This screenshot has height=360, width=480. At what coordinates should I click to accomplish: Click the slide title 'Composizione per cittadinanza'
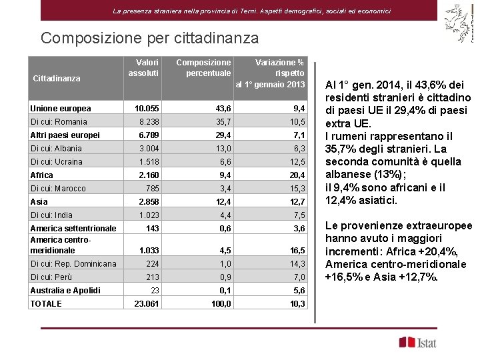[x=149, y=38]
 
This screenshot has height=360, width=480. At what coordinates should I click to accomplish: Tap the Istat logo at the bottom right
[x=419, y=343]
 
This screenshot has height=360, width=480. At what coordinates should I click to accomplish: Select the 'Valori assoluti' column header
[x=143, y=67]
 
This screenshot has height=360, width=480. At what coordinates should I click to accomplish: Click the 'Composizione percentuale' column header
[x=203, y=67]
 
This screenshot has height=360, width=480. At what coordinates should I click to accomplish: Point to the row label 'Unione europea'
[x=61, y=109]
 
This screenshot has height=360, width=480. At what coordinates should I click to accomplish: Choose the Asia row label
[x=39, y=201]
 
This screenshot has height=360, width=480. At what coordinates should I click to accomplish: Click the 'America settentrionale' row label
[x=73, y=229]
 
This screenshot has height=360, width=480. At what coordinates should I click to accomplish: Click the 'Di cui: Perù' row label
[x=51, y=277]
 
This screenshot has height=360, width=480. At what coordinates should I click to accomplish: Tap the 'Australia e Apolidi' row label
[x=65, y=290]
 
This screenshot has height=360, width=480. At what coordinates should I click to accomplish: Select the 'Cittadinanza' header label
[x=56, y=78]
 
